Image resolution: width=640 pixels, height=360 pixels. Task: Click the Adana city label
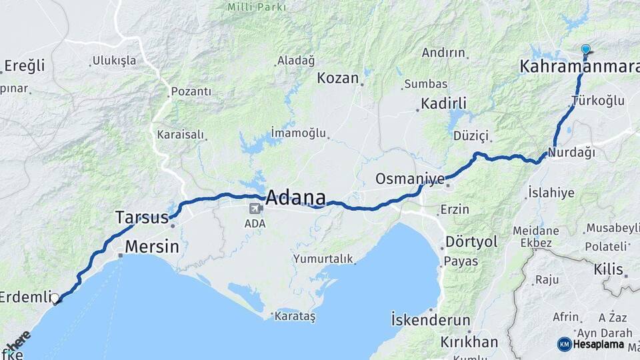(296, 198)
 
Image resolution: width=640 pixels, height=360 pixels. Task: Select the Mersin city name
(152, 247)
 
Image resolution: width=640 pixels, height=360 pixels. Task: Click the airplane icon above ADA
(254, 209)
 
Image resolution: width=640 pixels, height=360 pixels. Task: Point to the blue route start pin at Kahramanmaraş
(585, 49)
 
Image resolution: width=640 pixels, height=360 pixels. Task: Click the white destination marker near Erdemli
(55, 299)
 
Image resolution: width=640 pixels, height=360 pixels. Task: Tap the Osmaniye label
(409, 179)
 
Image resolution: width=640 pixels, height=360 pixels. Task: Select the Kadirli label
(443, 103)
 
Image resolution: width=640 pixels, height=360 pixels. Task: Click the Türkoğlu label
(597, 101)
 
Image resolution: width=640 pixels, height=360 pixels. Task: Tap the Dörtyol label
(471, 241)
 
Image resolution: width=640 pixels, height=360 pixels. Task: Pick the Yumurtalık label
(323, 259)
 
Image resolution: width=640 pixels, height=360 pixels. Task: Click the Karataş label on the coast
(295, 314)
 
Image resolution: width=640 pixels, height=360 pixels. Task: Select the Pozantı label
(191, 91)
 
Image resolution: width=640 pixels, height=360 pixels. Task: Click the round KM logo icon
(564, 344)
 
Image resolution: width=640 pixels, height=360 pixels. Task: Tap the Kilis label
(608, 269)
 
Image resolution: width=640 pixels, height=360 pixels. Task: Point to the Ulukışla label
(114, 61)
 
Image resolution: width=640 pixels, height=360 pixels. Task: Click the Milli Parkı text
(257, 7)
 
